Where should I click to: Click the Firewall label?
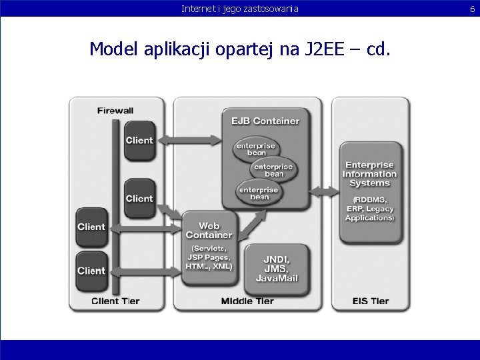tap(115, 111)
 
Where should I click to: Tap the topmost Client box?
tap(139, 140)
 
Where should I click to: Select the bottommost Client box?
tap(91, 271)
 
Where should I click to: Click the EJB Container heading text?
tap(265, 121)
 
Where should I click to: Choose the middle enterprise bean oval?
tap(273, 170)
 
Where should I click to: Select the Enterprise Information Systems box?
tap(369, 192)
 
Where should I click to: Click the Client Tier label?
tap(115, 301)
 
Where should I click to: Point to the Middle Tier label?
tap(247, 301)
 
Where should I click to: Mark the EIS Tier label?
tap(370, 301)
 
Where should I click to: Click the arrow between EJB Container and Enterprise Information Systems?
tap(325, 192)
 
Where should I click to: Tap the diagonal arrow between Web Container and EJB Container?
tap(251, 225)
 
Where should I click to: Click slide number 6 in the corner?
tap(472, 9)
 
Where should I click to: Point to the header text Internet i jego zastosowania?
tap(240, 9)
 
